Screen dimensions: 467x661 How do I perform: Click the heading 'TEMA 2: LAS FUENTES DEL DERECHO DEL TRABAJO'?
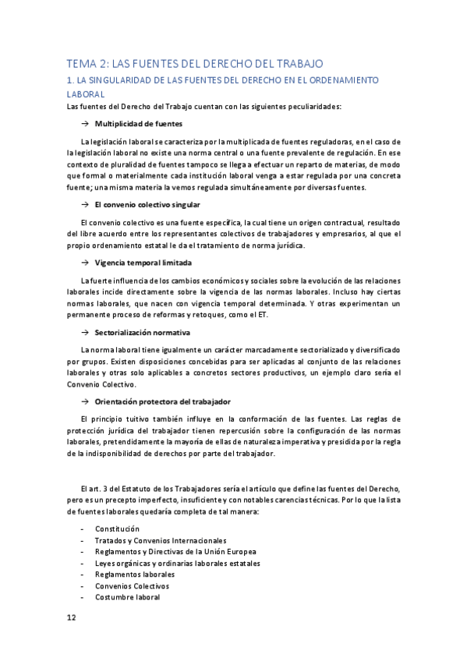point(194,64)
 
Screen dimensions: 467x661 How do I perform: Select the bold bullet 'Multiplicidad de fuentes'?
point(139,124)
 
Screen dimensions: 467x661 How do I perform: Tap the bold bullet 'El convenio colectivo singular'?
point(147,204)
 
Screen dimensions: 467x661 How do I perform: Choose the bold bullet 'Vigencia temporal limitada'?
point(143,262)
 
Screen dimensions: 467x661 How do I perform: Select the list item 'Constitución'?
point(117,528)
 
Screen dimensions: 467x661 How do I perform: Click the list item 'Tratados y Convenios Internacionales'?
point(161,540)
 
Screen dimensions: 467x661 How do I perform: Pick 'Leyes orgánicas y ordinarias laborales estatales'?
point(178,563)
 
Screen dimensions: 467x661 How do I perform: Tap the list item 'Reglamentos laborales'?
point(135,574)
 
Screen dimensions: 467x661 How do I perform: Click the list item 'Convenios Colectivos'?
point(132,585)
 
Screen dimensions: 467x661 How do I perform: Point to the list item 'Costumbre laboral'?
point(127,597)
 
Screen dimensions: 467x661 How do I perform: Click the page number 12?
point(71,617)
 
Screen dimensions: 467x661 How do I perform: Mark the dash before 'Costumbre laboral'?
point(83,597)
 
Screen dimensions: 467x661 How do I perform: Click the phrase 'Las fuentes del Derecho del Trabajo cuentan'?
point(143,106)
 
